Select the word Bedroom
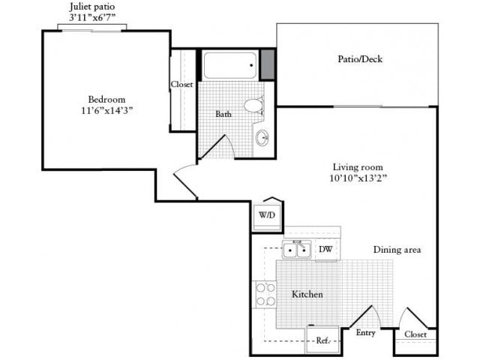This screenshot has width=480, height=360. (x=106, y=99)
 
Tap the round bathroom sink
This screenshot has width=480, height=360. (x=262, y=138)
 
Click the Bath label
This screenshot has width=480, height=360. (x=223, y=114)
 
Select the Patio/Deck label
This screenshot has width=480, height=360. (x=360, y=58)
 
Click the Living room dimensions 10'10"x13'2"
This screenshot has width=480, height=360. (x=358, y=178)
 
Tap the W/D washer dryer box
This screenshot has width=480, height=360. (x=267, y=215)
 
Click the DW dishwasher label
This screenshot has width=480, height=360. (x=325, y=249)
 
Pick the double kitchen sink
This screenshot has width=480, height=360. (x=297, y=250)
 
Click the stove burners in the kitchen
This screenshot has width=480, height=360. (x=265, y=294)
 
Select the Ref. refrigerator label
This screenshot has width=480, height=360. (x=323, y=340)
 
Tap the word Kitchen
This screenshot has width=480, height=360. (x=307, y=295)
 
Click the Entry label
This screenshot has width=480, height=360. (x=366, y=333)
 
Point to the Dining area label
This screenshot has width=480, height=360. (x=397, y=250)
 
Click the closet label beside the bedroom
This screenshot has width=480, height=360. (x=182, y=85)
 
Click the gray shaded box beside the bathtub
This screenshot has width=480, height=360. (x=267, y=64)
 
